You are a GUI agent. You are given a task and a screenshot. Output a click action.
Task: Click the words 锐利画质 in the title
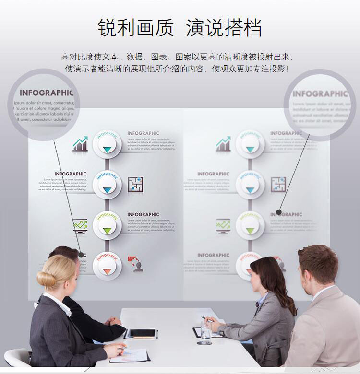(135, 28)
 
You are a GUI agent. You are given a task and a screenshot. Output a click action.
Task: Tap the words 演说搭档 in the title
(224, 28)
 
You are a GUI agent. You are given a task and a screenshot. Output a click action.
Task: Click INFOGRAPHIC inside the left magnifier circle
(46, 93)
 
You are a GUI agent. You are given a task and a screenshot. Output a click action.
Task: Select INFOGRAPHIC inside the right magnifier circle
(320, 94)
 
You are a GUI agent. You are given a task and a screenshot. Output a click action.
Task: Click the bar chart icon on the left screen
(80, 144)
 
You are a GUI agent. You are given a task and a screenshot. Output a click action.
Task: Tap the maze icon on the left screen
(135, 185)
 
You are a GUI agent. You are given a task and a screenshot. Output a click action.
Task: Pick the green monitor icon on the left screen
(80, 225)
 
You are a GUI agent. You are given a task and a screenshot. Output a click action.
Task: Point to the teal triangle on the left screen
(107, 149)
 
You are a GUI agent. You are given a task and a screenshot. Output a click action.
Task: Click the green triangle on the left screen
(107, 231)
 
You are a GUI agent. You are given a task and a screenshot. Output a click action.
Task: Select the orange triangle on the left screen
(107, 271)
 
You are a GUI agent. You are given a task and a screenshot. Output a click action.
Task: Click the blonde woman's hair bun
(46, 279)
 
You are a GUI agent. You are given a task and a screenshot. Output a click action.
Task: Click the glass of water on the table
(205, 333)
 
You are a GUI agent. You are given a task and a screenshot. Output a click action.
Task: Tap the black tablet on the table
(142, 333)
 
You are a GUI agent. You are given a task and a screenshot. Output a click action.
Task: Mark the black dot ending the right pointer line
(278, 212)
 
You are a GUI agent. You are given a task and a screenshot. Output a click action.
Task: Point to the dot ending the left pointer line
(81, 255)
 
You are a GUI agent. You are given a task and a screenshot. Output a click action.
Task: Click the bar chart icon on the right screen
(223, 144)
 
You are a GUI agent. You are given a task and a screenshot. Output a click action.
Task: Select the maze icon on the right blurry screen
(278, 185)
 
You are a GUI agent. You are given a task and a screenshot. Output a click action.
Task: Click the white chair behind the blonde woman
(17, 357)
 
